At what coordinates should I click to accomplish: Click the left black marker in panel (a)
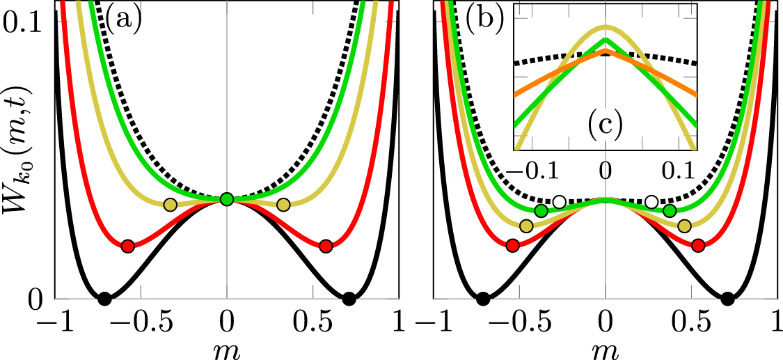104,299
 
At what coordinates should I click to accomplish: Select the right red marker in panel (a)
326,246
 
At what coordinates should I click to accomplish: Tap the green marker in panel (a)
226,199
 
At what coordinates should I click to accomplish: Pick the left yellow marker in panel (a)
170,205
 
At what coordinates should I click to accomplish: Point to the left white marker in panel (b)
560,202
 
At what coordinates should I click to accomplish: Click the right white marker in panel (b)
651,202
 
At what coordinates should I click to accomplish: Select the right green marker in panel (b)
670,210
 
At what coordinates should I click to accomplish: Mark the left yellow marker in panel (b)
527,226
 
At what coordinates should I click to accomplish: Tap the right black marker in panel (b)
727,299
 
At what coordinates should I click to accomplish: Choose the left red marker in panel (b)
513,245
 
